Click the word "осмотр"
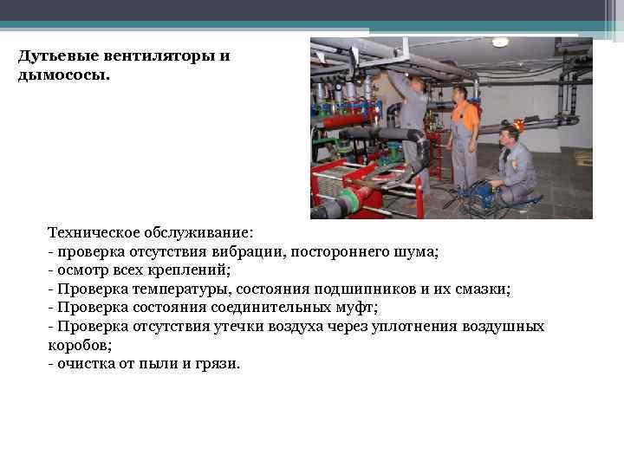81,270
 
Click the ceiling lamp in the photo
500,42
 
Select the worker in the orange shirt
463,130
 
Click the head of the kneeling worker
510,133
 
